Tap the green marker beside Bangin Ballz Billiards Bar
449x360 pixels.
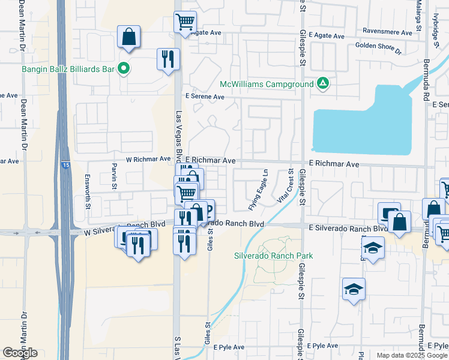124,69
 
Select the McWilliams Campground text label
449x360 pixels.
266,83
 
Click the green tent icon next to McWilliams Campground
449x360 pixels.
322,83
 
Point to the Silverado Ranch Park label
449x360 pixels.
273,256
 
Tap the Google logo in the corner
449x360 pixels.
20,353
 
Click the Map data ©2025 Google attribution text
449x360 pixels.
412,355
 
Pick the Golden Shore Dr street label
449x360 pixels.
378,49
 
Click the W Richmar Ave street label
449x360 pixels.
148,160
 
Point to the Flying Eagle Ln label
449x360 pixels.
258,190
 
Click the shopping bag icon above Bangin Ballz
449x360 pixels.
128,37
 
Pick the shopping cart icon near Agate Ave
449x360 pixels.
185,22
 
